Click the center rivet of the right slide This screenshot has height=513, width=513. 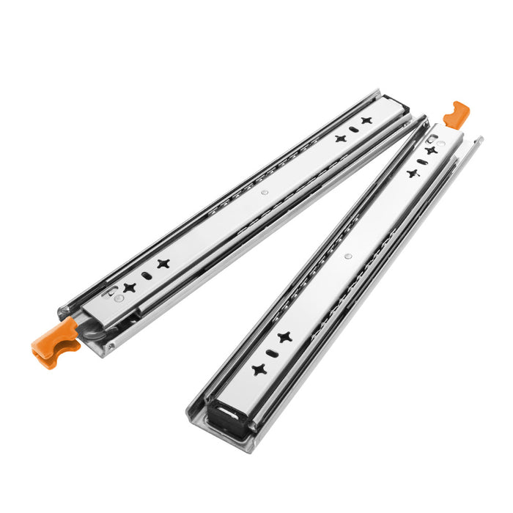point(347,256)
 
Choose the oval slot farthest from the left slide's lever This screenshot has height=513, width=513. point(353,129)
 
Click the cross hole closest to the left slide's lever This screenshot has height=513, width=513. point(130,287)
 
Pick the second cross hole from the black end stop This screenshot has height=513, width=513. point(284,337)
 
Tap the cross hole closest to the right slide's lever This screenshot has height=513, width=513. point(432,150)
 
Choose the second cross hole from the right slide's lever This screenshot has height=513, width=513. point(412,174)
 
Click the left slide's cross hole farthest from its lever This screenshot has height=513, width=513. point(366,120)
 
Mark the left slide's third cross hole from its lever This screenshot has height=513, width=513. point(340,138)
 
